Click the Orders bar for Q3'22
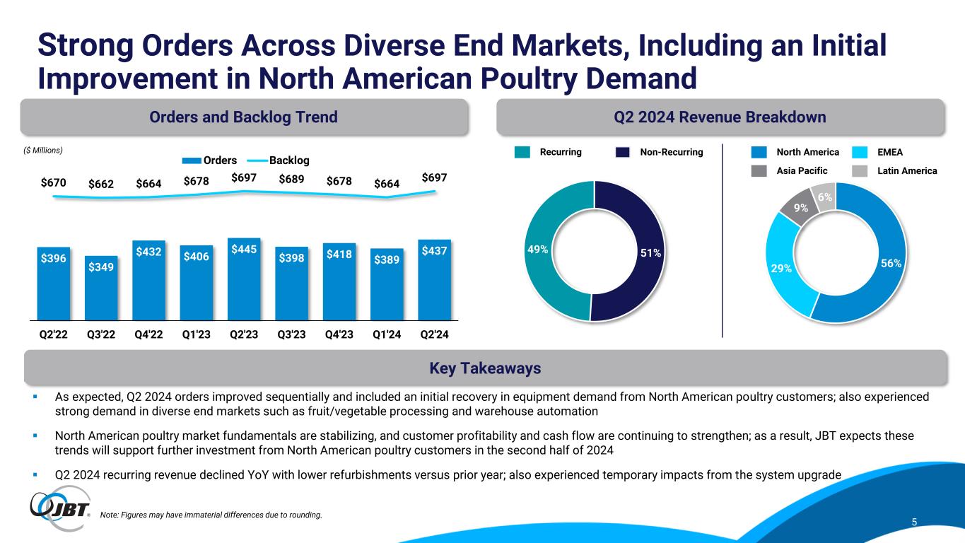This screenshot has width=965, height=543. (x=101, y=290)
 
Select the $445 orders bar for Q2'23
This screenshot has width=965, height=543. (x=244, y=279)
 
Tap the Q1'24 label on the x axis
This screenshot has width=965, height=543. (x=387, y=335)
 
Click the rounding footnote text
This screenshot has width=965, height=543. (x=211, y=515)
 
